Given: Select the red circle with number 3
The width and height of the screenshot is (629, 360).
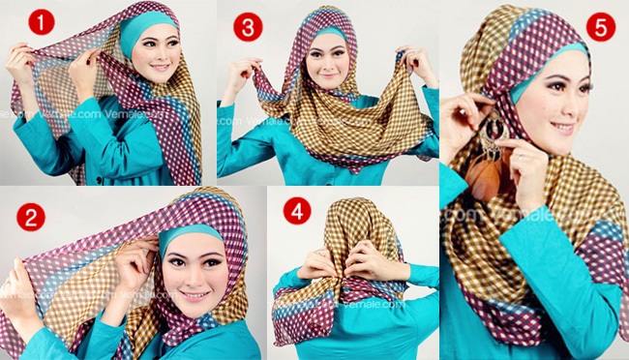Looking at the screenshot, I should pyautogui.click(x=249, y=27).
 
